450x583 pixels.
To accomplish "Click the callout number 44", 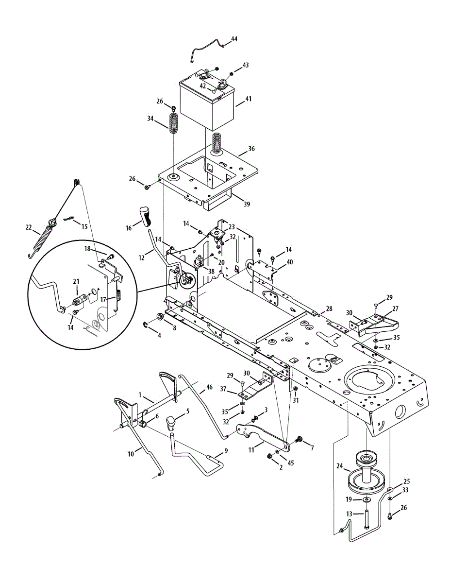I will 234,38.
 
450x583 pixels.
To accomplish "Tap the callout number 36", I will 251,149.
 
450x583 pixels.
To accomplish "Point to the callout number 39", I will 247,205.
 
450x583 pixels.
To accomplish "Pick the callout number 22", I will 29,227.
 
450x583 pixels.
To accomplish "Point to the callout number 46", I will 209,387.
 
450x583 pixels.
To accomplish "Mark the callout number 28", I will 329,309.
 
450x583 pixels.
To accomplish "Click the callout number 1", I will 140,395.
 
